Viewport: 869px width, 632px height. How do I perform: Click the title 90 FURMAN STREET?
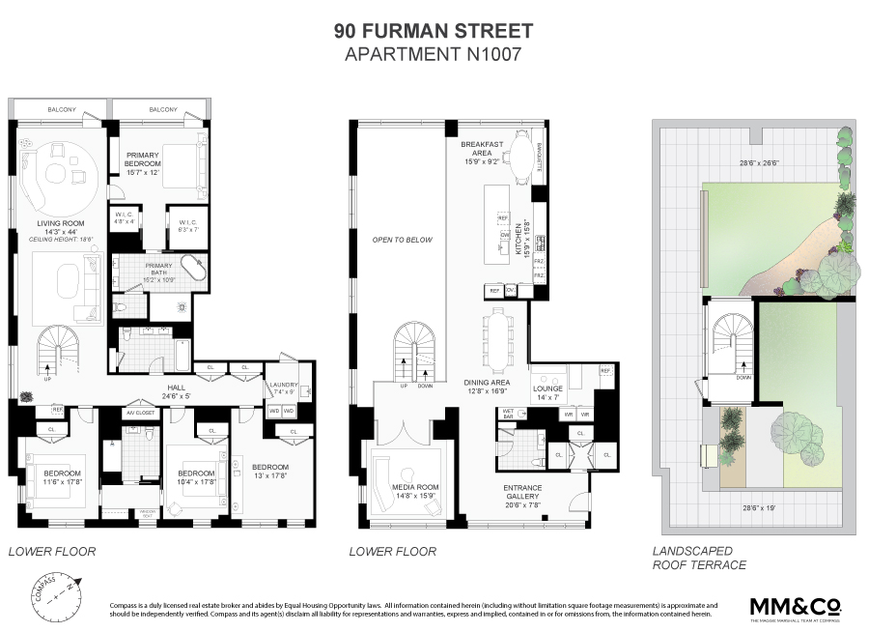[x=434, y=31]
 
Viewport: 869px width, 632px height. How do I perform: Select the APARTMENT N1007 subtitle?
[x=434, y=54]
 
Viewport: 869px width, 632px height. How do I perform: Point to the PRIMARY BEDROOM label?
[x=142, y=159]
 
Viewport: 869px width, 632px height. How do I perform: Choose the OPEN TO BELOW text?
[x=402, y=240]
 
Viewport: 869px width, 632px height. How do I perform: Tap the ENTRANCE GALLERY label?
[x=522, y=493]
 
